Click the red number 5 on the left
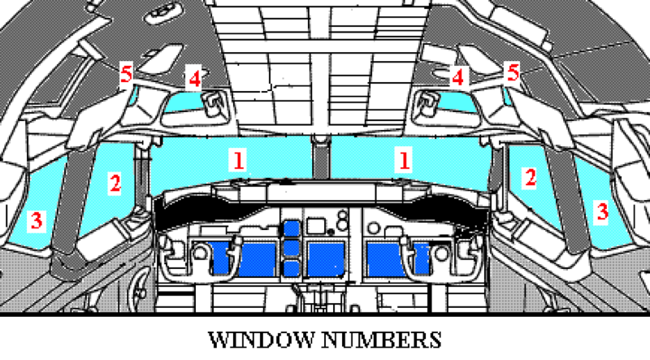point(127,74)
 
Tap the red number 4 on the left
point(195,78)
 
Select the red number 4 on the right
point(457,77)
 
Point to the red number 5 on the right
point(513,72)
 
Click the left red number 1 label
point(238,160)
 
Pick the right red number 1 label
point(404,160)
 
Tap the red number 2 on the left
point(115,183)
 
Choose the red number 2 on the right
point(531,177)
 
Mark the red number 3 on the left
point(37,219)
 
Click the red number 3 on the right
point(602,211)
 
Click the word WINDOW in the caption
point(261,340)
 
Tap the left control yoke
point(198,256)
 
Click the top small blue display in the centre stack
point(292,229)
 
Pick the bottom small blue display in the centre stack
point(292,268)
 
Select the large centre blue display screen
point(326,259)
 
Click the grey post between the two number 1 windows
point(320,158)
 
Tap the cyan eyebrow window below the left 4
point(184,101)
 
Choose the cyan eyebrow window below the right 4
point(457,102)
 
